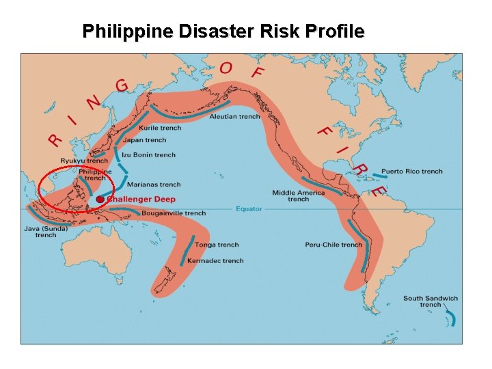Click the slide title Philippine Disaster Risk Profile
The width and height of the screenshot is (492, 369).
[x=223, y=31]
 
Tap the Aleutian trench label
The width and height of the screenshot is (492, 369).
[x=234, y=117]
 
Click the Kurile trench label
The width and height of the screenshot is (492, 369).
[x=160, y=128]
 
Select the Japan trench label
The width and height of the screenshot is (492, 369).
[x=145, y=140]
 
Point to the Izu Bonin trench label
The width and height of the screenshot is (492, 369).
[x=148, y=155]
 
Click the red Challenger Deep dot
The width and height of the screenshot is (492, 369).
[x=100, y=199]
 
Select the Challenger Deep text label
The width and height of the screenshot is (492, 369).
[x=141, y=199]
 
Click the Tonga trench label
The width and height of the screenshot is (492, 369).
[x=217, y=245]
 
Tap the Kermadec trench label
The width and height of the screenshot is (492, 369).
[x=219, y=261]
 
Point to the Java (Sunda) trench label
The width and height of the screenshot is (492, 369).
[x=46, y=232]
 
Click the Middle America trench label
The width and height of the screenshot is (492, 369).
[x=299, y=195]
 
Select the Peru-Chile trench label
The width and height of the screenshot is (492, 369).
[x=333, y=245]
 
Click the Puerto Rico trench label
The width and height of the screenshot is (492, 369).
[x=412, y=172]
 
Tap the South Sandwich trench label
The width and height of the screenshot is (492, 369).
[x=430, y=301]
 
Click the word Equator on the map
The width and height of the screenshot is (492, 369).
[x=249, y=208]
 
